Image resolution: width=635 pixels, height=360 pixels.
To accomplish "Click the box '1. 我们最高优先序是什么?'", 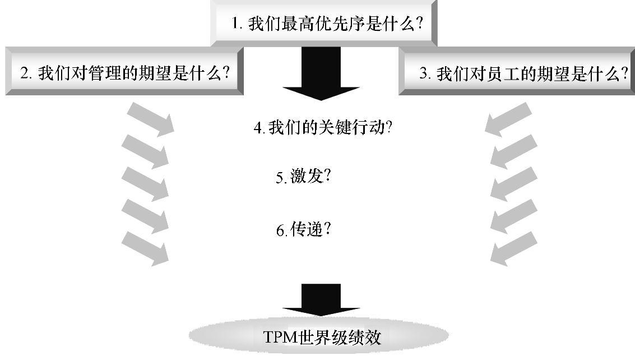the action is click(x=323, y=24).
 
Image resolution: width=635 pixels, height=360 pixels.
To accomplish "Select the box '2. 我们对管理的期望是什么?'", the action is click(x=124, y=72).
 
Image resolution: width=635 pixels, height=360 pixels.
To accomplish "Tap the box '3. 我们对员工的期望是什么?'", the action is click(x=517, y=72).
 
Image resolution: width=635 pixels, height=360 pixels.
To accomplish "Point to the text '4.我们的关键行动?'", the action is click(x=322, y=128).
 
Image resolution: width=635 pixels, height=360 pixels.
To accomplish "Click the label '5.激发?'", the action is click(x=303, y=177).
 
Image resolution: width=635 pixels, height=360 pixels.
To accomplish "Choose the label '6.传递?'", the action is click(x=303, y=229).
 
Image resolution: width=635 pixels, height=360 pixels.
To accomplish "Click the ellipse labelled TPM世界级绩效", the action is click(x=318, y=336).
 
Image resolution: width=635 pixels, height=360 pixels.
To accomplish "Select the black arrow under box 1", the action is click(x=321, y=73).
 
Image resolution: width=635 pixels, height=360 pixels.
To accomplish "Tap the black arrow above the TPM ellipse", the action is click(x=321, y=299).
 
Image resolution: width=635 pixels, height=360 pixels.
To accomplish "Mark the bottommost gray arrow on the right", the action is click(x=513, y=248).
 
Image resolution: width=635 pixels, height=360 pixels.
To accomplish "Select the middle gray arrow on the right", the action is click(x=513, y=183).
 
